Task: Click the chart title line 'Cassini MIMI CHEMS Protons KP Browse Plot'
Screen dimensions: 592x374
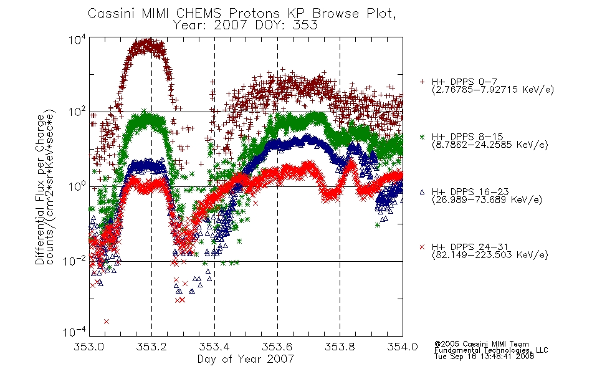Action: [x=242, y=14]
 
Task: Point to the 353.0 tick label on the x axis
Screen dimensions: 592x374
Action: [x=88, y=347]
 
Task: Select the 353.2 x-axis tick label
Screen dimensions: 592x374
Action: [x=151, y=347]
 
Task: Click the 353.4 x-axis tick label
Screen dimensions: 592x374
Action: [x=214, y=347]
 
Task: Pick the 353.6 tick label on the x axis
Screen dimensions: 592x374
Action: [x=277, y=347]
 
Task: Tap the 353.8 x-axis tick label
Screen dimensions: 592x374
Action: [x=340, y=347]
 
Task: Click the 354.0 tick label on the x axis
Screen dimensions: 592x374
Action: [x=403, y=347]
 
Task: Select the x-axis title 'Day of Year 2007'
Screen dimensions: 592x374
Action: [x=246, y=358]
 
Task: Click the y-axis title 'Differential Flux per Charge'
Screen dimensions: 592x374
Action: [x=40, y=189]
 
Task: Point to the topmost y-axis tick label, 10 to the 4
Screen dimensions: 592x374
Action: [x=77, y=40]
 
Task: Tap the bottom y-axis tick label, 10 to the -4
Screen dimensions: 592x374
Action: [x=74, y=332]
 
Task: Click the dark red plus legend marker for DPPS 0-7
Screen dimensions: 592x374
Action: [x=422, y=82]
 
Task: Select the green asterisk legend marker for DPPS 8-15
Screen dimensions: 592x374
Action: [x=422, y=137]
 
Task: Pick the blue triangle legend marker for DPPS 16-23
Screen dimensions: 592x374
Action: [x=422, y=192]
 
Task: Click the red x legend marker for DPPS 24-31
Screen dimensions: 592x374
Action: [x=422, y=247]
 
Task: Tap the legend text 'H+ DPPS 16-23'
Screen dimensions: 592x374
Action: [x=470, y=191]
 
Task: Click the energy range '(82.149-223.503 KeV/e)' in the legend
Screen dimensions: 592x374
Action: [x=490, y=255]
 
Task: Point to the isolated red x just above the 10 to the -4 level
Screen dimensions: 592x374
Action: [x=107, y=322]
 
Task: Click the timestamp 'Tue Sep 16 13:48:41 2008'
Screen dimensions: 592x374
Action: [x=484, y=357]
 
